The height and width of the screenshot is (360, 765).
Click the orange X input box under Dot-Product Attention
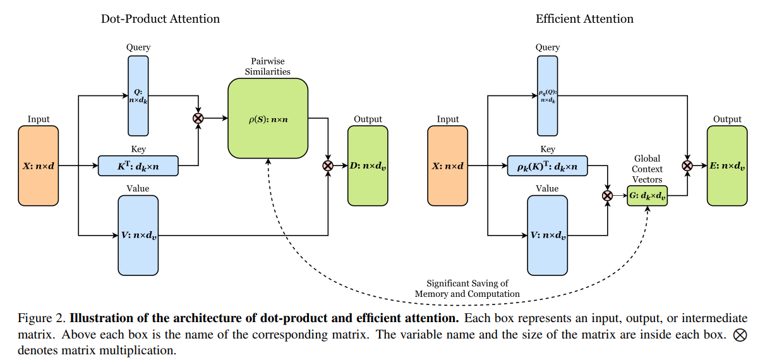click(x=39, y=165)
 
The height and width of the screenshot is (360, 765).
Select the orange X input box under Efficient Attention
click(x=448, y=165)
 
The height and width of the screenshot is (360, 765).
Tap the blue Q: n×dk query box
click(x=138, y=95)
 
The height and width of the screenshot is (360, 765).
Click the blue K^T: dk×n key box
click(x=138, y=165)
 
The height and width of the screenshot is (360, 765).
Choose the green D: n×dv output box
click(x=368, y=165)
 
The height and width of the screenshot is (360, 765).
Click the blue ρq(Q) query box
click(x=548, y=95)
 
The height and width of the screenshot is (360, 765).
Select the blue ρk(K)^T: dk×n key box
click(x=548, y=165)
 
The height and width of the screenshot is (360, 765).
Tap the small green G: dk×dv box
click(x=648, y=196)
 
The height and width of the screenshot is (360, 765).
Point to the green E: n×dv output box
click(x=726, y=165)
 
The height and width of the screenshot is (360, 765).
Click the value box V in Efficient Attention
click(x=548, y=235)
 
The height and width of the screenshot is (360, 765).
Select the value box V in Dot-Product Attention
click(x=138, y=235)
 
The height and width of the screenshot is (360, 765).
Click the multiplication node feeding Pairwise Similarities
click(x=199, y=118)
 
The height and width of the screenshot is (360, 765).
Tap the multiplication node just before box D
click(x=328, y=165)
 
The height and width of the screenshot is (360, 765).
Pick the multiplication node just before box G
click(x=608, y=196)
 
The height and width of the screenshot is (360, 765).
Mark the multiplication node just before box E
click(x=687, y=165)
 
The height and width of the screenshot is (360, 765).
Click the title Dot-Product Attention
click(x=160, y=19)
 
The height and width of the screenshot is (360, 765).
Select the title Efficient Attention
click(x=584, y=19)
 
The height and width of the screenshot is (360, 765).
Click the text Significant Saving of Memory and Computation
click(x=467, y=289)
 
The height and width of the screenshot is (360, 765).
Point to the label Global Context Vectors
click(x=648, y=169)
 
